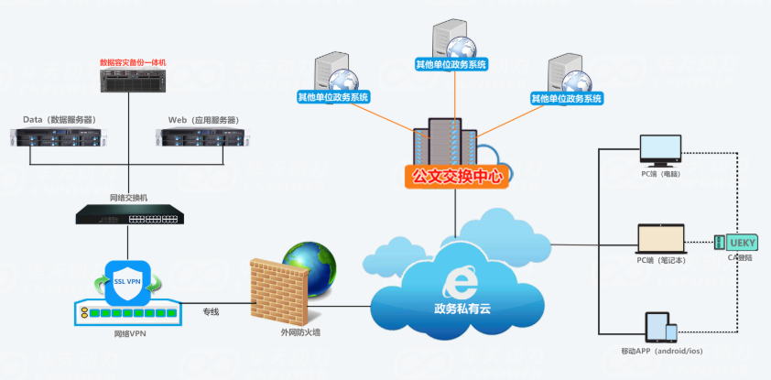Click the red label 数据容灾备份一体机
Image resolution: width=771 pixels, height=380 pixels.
pyautogui.click(x=134, y=63)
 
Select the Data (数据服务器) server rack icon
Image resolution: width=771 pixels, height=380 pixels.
pyautogui.click(x=56, y=138)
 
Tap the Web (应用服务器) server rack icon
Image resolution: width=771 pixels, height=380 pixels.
pyautogui.click(x=202, y=138)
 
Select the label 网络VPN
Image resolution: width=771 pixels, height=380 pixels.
pyautogui.click(x=127, y=334)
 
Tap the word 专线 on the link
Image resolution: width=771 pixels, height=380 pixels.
pyautogui.click(x=212, y=312)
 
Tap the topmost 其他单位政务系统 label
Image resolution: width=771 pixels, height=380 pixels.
pyautogui.click(x=451, y=65)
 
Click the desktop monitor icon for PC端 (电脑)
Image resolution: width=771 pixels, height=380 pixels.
pyautogui.click(x=660, y=150)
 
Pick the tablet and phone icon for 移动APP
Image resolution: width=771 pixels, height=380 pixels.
pyautogui.click(x=662, y=329)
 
